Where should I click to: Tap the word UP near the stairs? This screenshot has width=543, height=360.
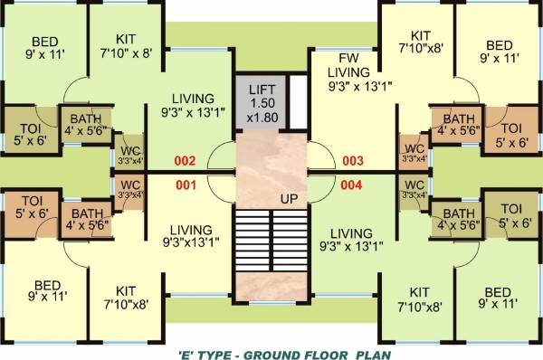(x=287, y=197)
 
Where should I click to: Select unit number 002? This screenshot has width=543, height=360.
(x=185, y=162)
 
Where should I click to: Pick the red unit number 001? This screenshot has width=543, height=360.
(x=185, y=186)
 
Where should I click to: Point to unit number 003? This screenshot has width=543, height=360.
(x=352, y=162)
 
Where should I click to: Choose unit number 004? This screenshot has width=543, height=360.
(x=352, y=186)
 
